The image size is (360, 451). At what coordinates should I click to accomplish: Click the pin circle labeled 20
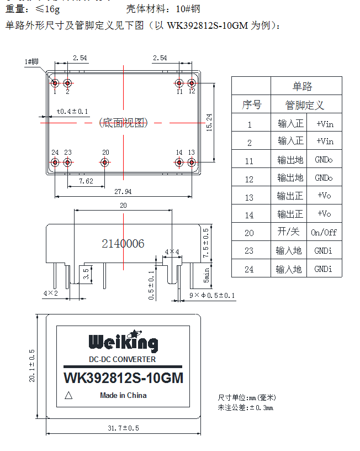105,162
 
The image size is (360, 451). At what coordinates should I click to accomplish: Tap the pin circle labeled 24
55,162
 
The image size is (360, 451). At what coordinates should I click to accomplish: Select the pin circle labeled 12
192,83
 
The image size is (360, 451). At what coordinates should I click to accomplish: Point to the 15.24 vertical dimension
209,122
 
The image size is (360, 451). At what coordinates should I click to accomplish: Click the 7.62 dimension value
86,181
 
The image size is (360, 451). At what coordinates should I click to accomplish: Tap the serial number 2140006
123,244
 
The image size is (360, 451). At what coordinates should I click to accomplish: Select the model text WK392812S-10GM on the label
123,379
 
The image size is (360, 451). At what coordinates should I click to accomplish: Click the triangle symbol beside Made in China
69,395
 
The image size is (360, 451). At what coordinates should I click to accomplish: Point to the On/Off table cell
324,233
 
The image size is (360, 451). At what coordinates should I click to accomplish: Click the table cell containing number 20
250,233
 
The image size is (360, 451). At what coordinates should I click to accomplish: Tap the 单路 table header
302,86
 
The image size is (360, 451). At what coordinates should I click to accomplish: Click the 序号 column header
251,104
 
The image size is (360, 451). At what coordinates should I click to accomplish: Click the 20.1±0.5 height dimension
32,366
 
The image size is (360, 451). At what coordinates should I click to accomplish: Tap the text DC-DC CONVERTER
123,359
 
